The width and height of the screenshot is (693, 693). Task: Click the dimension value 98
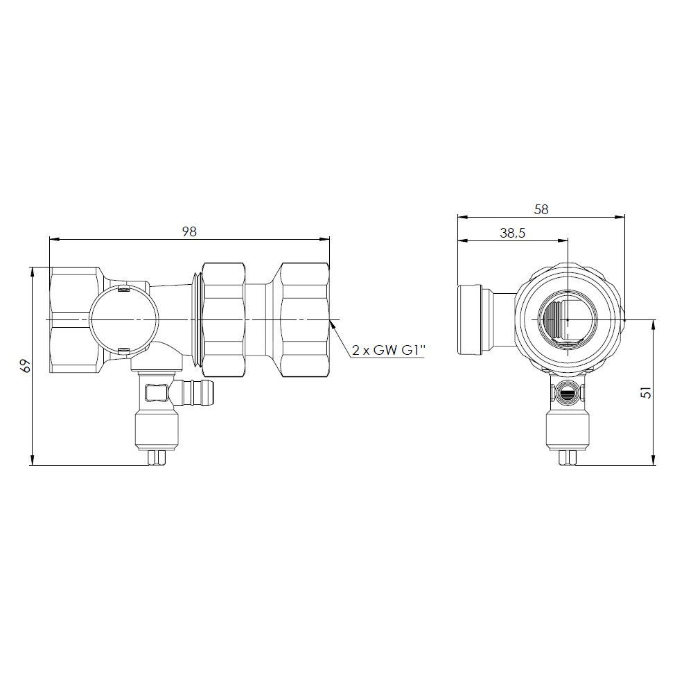pos(190,231)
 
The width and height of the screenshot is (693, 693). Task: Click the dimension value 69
pos(26,366)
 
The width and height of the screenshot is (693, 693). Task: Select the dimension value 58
pos(541,209)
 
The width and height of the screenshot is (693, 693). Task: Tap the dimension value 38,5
pos(513,234)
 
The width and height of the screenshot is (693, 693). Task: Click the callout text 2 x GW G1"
pos(389,351)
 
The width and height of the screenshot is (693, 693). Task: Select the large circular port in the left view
pos(123,319)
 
